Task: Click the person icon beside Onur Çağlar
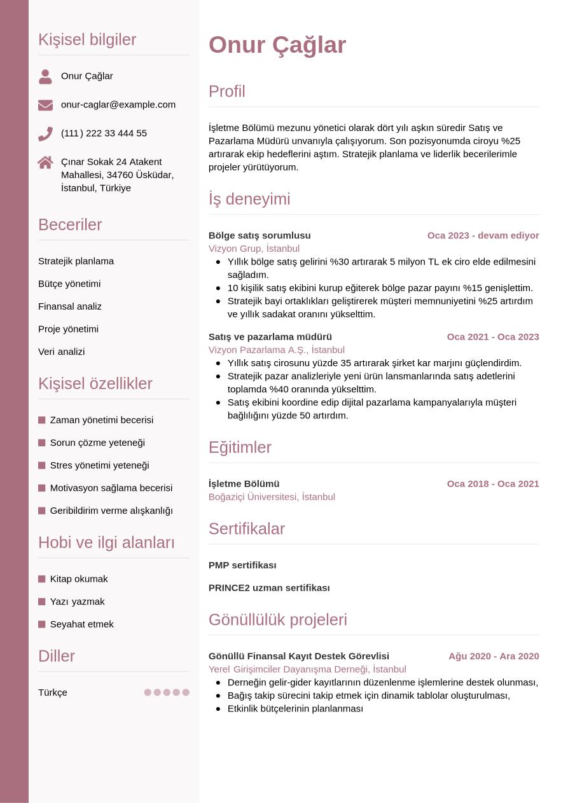(x=45, y=77)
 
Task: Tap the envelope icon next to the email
(x=45, y=105)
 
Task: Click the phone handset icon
(x=45, y=134)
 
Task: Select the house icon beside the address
(x=45, y=162)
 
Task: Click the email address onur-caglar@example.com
(x=118, y=104)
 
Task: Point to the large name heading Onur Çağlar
(x=277, y=45)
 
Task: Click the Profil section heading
(x=227, y=92)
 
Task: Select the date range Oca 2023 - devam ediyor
(x=483, y=235)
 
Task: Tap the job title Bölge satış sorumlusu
(x=260, y=235)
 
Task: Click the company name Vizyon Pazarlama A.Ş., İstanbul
(x=277, y=350)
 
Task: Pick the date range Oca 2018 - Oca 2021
(x=493, y=484)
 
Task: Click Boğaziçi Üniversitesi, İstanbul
(x=272, y=497)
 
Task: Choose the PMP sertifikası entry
(x=242, y=565)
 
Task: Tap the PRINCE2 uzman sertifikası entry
(x=269, y=588)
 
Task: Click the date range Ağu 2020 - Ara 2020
(x=494, y=656)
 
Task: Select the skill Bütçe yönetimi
(x=69, y=284)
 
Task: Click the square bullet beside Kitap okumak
(x=42, y=579)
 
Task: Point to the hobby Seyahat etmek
(x=82, y=624)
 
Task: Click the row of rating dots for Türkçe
(x=167, y=692)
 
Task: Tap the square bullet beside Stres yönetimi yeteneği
(x=42, y=465)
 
